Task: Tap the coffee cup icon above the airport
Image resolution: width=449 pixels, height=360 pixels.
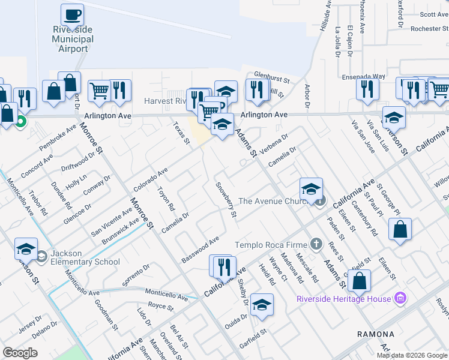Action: (x=72, y=14)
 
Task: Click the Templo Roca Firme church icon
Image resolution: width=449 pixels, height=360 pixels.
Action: (x=317, y=244)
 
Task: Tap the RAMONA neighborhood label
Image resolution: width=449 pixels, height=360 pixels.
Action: (x=376, y=334)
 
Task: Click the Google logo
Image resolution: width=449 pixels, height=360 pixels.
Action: (x=19, y=353)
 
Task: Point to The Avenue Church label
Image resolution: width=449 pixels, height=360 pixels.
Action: (x=273, y=201)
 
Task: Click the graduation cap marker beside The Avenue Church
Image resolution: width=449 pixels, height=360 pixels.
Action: (x=311, y=189)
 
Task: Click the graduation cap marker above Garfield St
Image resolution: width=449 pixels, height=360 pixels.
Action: (x=262, y=305)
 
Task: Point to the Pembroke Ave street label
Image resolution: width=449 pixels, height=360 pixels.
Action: (x=58, y=138)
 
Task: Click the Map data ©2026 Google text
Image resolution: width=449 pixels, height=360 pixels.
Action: (x=412, y=355)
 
